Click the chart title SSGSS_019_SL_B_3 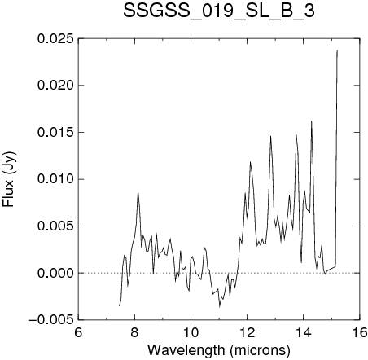coord(219,11)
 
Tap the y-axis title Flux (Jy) coord(9,179)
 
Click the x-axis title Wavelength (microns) coord(219,350)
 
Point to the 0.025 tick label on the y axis coord(55,38)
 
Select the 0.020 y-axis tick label coord(55,86)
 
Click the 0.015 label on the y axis coord(55,132)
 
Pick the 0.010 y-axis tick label coord(55,179)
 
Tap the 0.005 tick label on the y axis coord(55,226)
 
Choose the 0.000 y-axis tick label coord(55,273)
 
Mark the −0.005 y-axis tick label coord(51,320)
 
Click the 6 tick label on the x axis coord(78,332)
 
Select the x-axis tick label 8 coord(134,332)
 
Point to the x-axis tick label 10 coord(191,332)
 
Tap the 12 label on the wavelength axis coord(248,332)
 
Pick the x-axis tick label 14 coord(304,332)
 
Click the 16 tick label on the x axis coord(360,332)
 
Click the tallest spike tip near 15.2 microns coord(337,50)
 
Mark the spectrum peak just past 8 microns coord(138,191)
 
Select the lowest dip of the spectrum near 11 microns coord(220,307)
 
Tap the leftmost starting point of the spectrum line coord(119,306)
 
